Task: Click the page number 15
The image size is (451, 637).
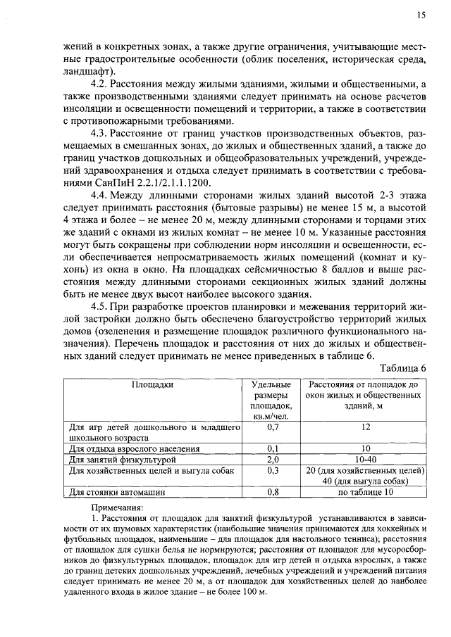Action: [x=421, y=15]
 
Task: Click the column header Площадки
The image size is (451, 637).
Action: [x=152, y=385]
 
